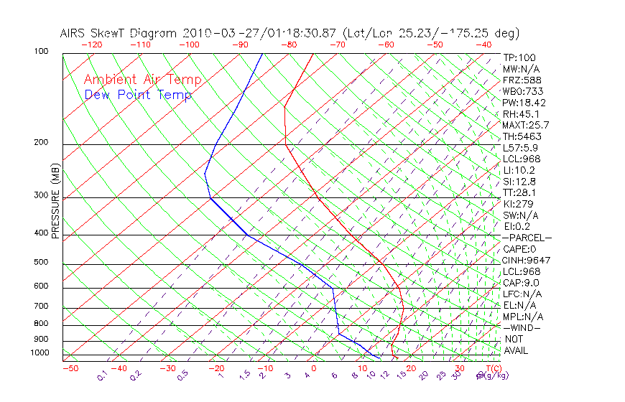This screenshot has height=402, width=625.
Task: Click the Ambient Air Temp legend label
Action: point(142,80)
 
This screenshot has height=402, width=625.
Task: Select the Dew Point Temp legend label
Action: point(138,95)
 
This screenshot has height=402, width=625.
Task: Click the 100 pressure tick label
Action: point(41,52)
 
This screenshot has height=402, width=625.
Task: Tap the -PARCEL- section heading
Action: point(527,238)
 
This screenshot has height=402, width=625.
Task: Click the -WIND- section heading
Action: point(522,327)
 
